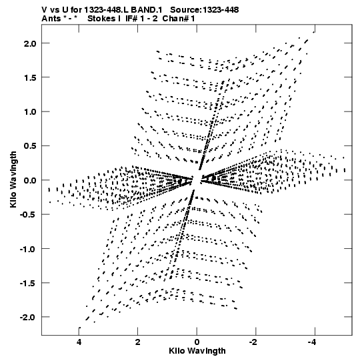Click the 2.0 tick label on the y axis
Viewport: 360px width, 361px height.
pyautogui.click(x=30, y=43)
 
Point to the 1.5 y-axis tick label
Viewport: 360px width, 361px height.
pyautogui.click(x=30, y=78)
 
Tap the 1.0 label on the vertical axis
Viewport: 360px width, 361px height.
pyautogui.click(x=30, y=112)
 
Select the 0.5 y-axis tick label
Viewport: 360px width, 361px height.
pyautogui.click(x=30, y=146)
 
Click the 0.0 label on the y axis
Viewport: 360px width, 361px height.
pyautogui.click(x=30, y=181)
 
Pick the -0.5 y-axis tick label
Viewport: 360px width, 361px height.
pyautogui.click(x=28, y=215)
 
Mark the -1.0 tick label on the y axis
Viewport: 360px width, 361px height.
pyautogui.click(x=28, y=250)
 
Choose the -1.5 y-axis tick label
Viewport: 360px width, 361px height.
pyautogui.click(x=28, y=284)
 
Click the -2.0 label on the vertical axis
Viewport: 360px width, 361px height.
pyautogui.click(x=28, y=318)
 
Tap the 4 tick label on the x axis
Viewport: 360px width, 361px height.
pyautogui.click(x=79, y=342)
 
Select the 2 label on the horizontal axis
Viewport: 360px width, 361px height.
pyautogui.click(x=138, y=342)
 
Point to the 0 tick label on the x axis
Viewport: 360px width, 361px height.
pyautogui.click(x=197, y=342)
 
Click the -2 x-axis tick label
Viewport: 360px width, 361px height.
pyautogui.click(x=254, y=342)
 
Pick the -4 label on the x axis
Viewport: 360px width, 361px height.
pyautogui.click(x=313, y=342)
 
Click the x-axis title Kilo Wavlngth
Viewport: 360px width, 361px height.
pyautogui.click(x=197, y=351)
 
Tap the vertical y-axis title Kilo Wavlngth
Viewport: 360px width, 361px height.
pyautogui.click(x=13, y=179)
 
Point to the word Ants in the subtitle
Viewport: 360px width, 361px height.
pyautogui.click(x=51, y=19)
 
